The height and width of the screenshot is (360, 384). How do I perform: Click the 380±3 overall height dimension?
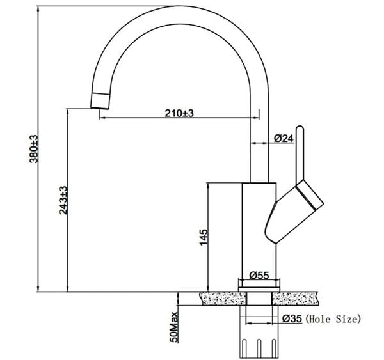coord(34,149)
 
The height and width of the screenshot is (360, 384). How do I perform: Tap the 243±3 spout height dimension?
coord(63,200)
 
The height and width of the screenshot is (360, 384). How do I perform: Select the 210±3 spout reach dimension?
coord(179,113)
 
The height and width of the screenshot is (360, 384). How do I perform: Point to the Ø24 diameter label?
coord(284,138)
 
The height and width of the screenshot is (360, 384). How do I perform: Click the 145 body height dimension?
coord(204,237)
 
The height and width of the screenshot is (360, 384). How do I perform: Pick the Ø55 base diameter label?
coord(259,276)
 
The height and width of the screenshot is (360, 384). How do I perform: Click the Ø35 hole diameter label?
coord(292,318)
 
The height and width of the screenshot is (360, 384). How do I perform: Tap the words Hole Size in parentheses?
coord(333,319)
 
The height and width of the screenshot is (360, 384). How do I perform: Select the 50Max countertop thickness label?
coord(174,327)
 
